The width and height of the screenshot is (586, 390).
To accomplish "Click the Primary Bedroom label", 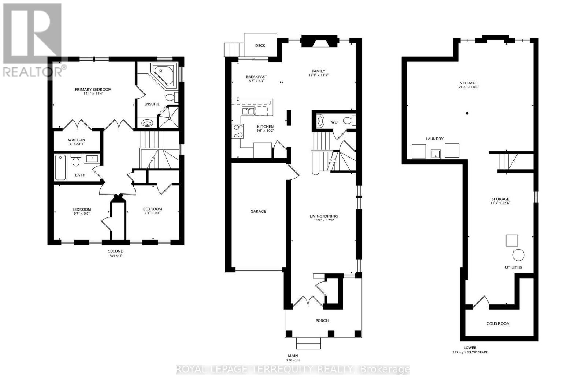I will click(x=93, y=90).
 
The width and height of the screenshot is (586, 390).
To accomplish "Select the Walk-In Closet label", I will click(x=76, y=142).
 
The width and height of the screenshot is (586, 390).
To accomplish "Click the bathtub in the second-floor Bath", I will click(x=61, y=168).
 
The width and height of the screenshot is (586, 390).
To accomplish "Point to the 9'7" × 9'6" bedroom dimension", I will click(x=81, y=214).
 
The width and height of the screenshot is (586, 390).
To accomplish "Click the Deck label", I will click(x=260, y=46).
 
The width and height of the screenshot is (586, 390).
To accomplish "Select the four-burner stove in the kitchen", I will click(x=238, y=131).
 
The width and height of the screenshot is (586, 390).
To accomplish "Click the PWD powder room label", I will click(x=333, y=122).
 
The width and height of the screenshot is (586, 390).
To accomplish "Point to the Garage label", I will click(x=258, y=211).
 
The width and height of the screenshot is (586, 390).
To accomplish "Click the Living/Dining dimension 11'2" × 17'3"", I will click(x=324, y=221).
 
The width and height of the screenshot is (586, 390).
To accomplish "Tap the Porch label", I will click(x=322, y=321).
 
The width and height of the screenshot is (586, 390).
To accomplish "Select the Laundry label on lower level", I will click(x=434, y=139).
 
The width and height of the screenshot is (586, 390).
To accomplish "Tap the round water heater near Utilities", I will click(x=518, y=255).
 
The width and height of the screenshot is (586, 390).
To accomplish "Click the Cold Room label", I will click(x=498, y=323).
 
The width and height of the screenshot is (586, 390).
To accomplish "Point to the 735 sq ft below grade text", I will click(x=470, y=353).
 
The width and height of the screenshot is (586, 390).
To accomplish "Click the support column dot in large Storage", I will click(x=467, y=113).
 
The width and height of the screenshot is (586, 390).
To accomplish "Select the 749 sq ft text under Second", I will click(x=115, y=256).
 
